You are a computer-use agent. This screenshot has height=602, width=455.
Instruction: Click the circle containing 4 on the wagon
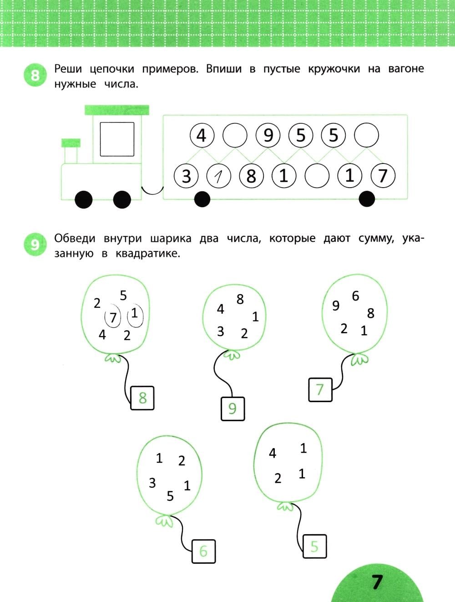click(202, 135)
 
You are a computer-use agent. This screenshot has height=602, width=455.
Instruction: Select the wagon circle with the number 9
click(268, 135)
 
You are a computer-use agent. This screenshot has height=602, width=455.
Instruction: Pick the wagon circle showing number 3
click(186, 176)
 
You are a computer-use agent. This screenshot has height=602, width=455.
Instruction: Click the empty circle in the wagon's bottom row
click(317, 176)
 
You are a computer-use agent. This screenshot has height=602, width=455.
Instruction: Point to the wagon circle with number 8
click(252, 176)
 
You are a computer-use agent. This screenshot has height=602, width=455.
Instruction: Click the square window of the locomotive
click(117, 139)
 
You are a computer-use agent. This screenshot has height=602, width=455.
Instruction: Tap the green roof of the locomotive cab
click(117, 110)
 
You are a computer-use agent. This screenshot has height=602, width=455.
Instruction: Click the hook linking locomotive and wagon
click(152, 191)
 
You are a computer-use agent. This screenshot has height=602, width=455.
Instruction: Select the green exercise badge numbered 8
click(35, 75)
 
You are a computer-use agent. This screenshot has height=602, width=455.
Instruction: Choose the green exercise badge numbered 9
click(35, 245)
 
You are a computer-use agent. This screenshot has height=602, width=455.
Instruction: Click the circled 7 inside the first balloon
click(113, 317)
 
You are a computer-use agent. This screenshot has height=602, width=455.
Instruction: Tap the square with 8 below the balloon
click(142, 398)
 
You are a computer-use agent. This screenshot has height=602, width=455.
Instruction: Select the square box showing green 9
click(233, 408)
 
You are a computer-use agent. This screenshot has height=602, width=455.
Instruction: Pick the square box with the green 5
click(315, 546)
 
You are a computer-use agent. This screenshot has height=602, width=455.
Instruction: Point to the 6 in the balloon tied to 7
click(355, 296)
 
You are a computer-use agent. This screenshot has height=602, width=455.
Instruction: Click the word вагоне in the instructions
click(406, 69)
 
